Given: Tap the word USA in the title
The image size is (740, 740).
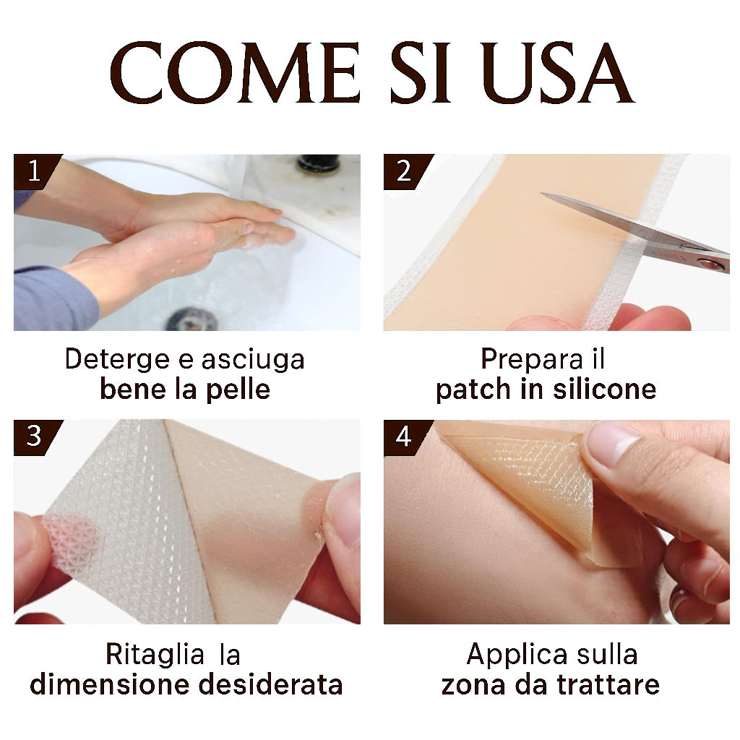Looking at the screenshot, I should pyautogui.click(x=557, y=74).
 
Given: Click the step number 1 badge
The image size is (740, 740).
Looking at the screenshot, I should pyautogui.click(x=33, y=171).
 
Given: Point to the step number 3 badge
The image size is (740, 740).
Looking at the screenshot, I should pyautogui.click(x=33, y=436).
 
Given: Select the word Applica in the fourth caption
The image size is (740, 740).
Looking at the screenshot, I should pyautogui.click(x=515, y=654).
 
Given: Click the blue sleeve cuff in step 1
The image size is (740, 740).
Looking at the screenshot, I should pyautogui.click(x=51, y=298).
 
